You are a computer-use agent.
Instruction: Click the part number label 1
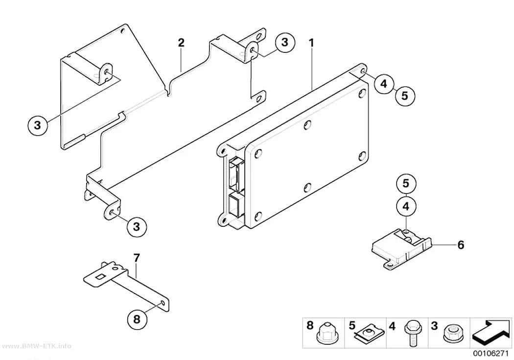click(x=311, y=43)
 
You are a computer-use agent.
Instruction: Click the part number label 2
click(x=181, y=43)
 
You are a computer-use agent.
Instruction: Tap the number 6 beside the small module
click(x=461, y=244)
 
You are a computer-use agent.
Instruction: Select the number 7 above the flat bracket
click(x=137, y=258)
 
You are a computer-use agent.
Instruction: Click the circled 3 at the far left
click(x=38, y=125)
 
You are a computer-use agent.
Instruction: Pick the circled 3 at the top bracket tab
click(x=284, y=42)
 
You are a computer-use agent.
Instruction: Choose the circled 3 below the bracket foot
click(x=137, y=227)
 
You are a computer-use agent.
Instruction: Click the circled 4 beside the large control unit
click(x=384, y=84)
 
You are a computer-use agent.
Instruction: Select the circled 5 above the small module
click(x=406, y=183)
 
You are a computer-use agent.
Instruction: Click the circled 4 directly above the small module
click(x=406, y=207)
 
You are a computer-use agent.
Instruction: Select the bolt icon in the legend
click(x=411, y=333)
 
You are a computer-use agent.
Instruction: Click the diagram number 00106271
click(x=491, y=354)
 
